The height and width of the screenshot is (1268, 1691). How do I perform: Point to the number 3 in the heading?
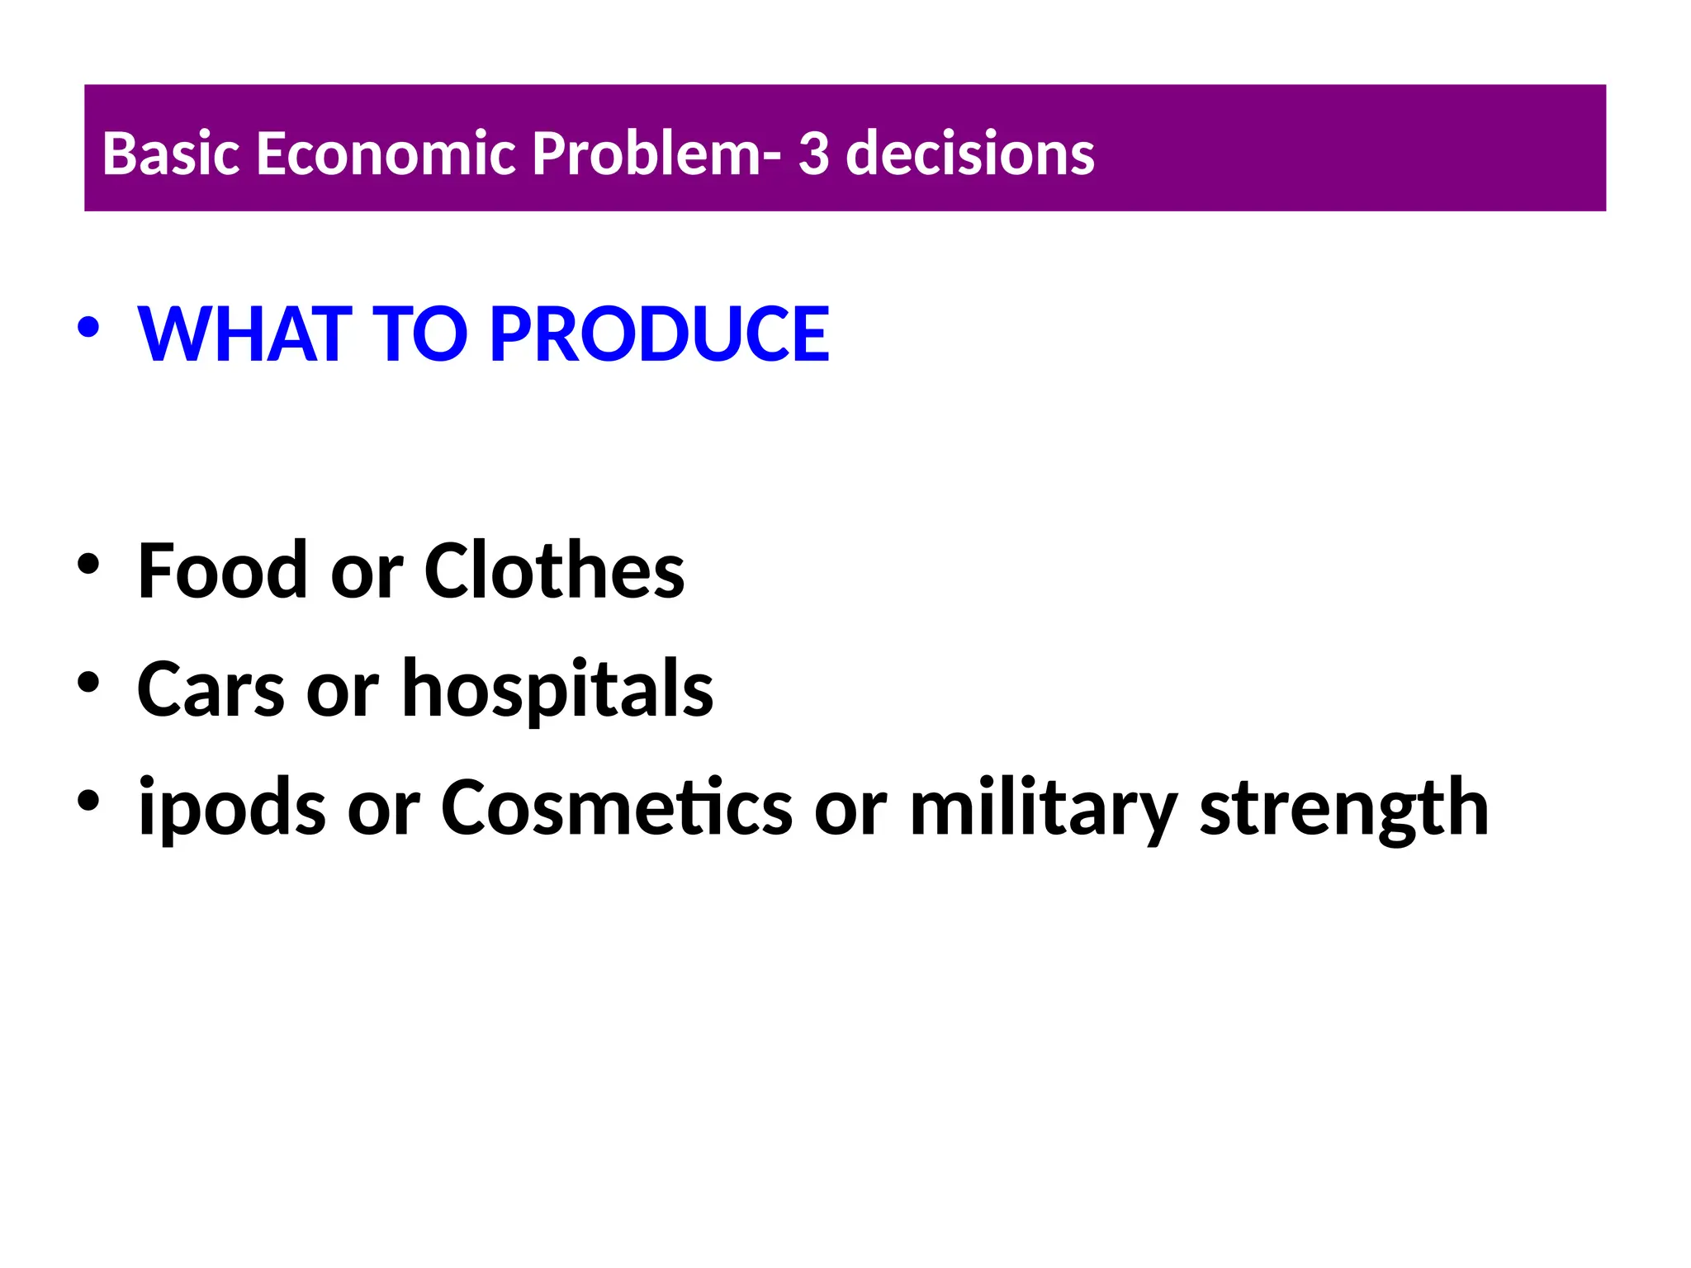tap(813, 154)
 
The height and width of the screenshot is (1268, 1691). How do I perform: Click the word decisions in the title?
tap(969, 154)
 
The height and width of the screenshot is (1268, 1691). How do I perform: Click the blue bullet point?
tap(88, 328)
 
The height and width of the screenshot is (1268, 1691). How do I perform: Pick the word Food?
tap(223, 570)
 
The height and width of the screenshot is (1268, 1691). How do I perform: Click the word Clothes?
tap(554, 570)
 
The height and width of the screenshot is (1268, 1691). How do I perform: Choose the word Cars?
tap(211, 689)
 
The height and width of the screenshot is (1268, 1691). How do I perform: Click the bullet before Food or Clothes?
tap(88, 565)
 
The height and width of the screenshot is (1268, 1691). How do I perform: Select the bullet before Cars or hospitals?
tap(88, 683)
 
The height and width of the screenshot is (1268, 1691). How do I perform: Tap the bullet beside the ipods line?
tap(88, 801)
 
